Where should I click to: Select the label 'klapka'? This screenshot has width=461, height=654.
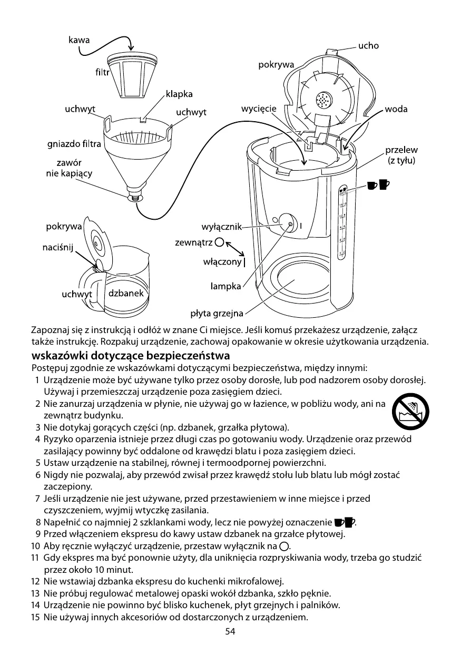click(179, 94)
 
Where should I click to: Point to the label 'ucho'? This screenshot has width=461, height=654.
click(368, 46)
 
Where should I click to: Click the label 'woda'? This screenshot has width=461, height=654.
click(396, 110)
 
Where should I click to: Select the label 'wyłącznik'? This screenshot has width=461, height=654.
click(221, 227)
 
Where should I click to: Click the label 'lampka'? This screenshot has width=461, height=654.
click(225, 286)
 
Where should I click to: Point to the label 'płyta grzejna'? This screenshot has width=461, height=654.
click(217, 314)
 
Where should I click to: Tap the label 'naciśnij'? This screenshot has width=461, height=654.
click(57, 247)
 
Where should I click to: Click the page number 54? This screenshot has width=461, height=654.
click(230, 631)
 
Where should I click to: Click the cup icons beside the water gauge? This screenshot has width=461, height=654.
click(378, 184)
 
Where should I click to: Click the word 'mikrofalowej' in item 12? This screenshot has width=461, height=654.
click(253, 582)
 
